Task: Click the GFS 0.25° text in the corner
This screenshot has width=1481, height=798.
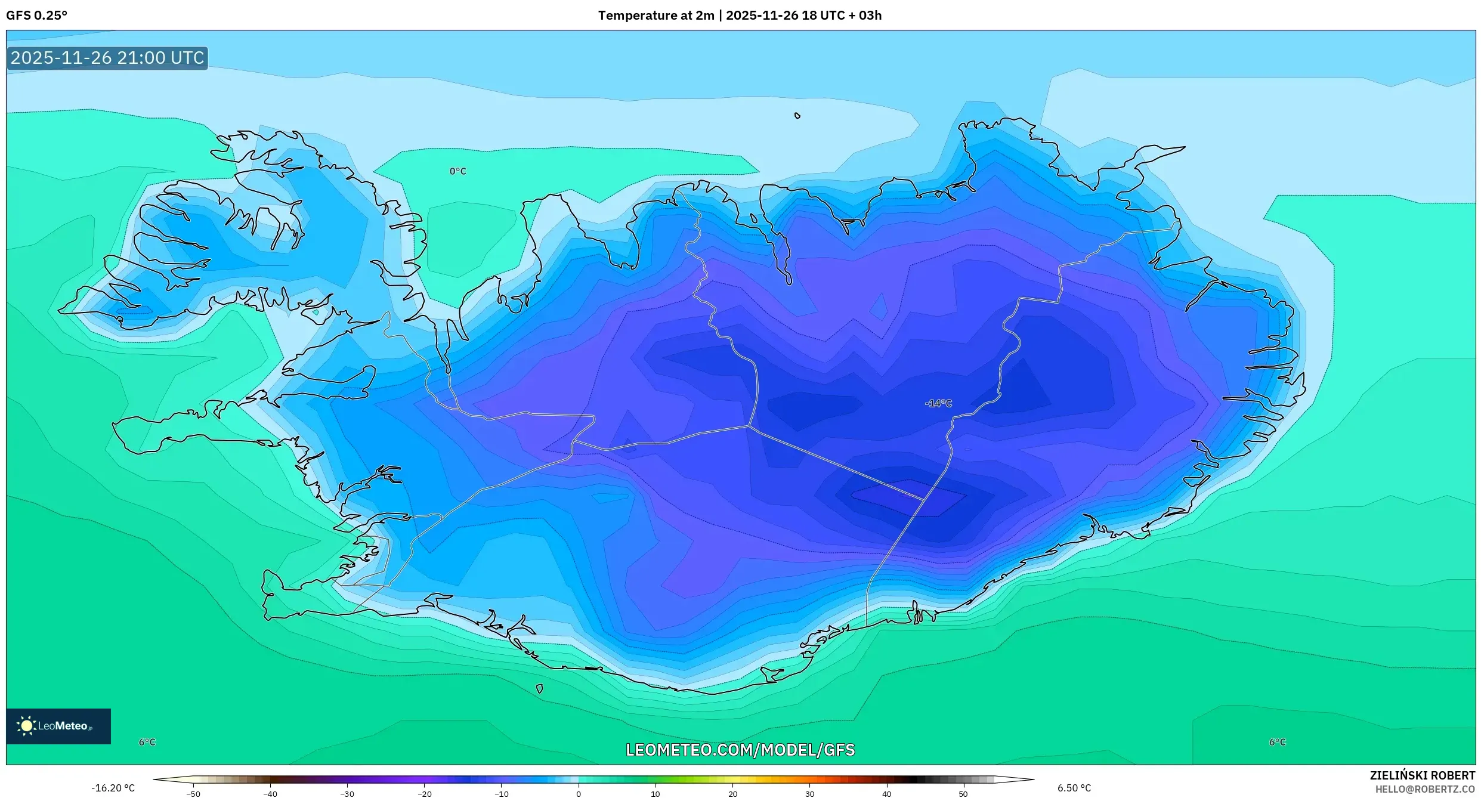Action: coord(36,16)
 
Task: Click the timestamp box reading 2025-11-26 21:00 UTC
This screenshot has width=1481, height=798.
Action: coord(107,58)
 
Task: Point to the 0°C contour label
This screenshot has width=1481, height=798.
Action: coord(457,171)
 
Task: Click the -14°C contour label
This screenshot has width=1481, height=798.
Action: coord(938,404)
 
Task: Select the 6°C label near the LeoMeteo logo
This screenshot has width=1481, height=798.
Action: coord(147,742)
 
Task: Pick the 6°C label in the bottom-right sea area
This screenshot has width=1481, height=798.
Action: coord(1277,742)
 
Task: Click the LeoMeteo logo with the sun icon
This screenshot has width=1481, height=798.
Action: coord(58,726)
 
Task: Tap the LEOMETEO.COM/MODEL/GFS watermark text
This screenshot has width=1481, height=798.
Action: coord(740,750)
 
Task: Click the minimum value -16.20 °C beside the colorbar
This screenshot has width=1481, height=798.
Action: coord(113,788)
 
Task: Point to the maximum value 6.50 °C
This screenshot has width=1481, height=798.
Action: coord(1074,788)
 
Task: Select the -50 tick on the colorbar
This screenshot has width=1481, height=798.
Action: coord(193,793)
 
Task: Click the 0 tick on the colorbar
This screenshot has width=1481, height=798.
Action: coord(578,793)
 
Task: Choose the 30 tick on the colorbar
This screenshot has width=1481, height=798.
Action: coord(809,793)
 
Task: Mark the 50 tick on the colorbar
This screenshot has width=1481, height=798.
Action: coord(963,793)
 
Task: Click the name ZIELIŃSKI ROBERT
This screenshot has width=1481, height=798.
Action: coord(1422,775)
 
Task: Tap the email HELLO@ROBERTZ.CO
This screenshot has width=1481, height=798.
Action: coord(1425,789)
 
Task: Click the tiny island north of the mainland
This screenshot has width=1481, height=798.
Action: coord(797,116)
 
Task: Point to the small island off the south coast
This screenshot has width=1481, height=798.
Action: coord(539,688)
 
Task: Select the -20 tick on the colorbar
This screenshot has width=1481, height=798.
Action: coord(424,793)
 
